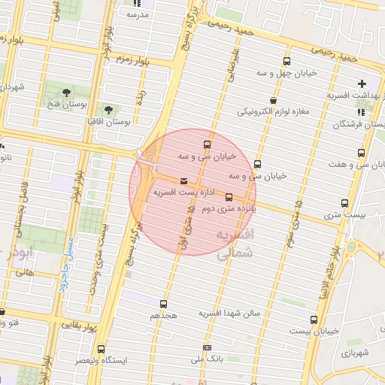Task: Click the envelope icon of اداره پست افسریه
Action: (184, 180)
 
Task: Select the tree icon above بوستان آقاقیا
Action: (115, 109)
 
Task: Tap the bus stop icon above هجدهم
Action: (164, 305)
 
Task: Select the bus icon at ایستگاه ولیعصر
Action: (103, 350)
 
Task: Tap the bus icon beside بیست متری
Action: (344, 203)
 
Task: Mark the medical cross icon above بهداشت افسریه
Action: (362, 83)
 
